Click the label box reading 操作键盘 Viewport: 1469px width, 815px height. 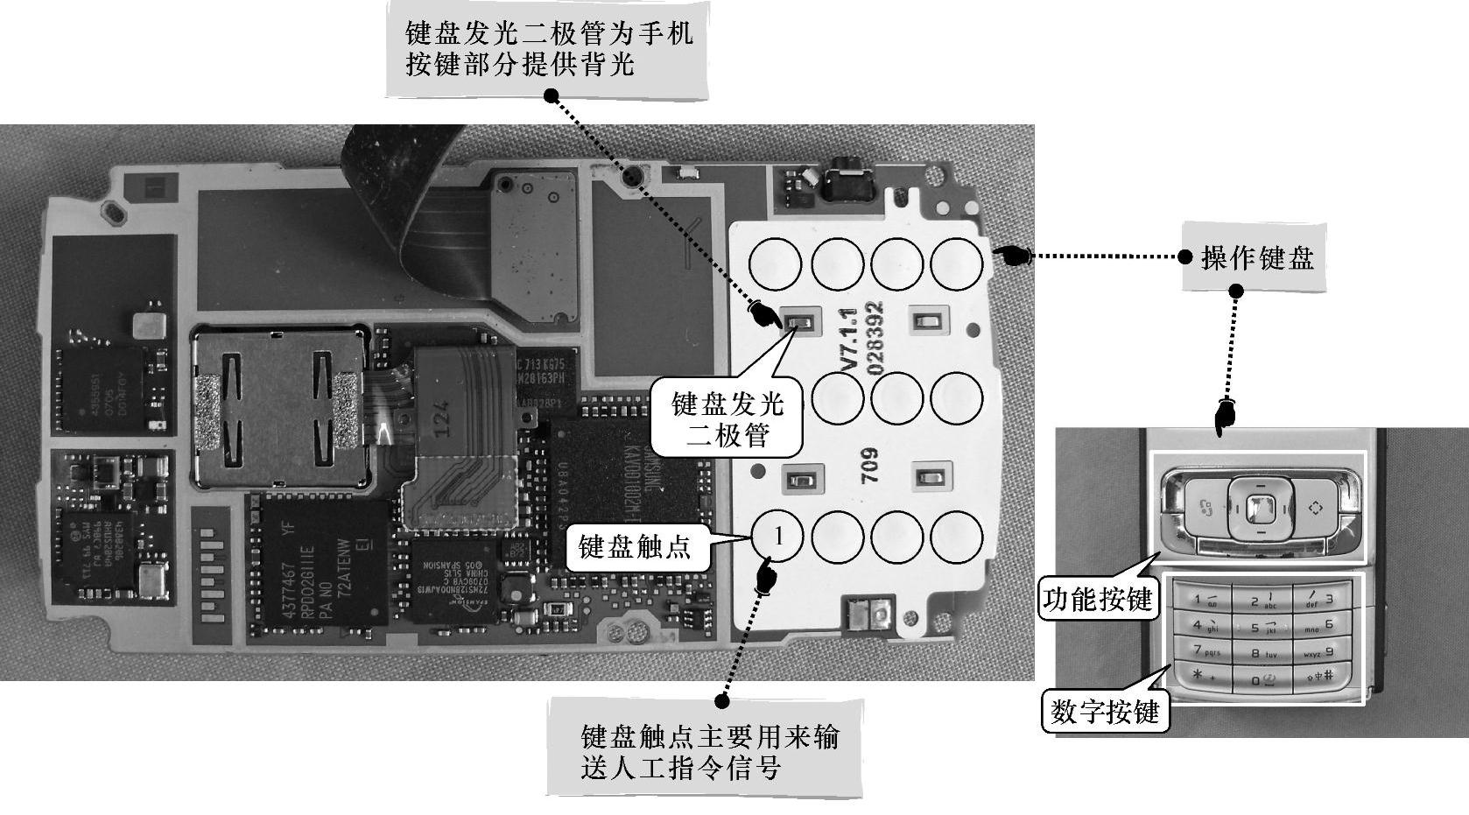[x=1255, y=258]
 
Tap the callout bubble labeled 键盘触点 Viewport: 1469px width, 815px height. [x=636, y=547]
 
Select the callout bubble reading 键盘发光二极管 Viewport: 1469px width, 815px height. [x=727, y=418]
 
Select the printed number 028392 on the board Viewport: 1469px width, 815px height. [x=875, y=339]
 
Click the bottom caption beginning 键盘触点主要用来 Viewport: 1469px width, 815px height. [x=707, y=752]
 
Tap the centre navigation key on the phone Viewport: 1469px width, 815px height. [x=1259, y=507]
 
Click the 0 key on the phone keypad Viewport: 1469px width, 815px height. [x=1261, y=679]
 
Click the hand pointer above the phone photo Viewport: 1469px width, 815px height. [x=1224, y=417]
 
